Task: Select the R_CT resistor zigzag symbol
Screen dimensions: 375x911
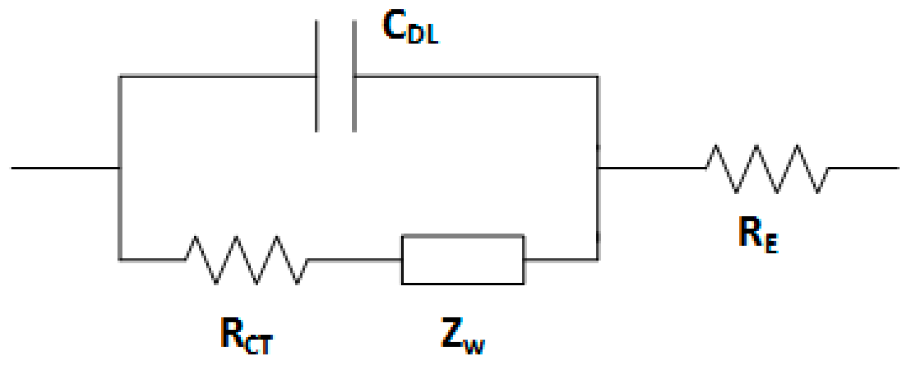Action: (x=247, y=259)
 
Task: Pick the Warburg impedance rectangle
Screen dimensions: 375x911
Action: (x=462, y=259)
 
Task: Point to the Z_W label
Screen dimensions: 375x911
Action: (x=462, y=336)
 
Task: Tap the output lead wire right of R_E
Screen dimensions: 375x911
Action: (x=865, y=168)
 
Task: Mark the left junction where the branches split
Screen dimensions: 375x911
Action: (x=120, y=168)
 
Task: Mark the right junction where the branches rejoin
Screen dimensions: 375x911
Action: (x=598, y=168)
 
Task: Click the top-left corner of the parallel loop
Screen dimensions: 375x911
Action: (x=120, y=76)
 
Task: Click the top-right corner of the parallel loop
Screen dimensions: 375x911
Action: (x=598, y=76)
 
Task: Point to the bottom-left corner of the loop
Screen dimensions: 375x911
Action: (x=120, y=259)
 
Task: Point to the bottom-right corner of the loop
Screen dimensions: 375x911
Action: (x=598, y=259)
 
